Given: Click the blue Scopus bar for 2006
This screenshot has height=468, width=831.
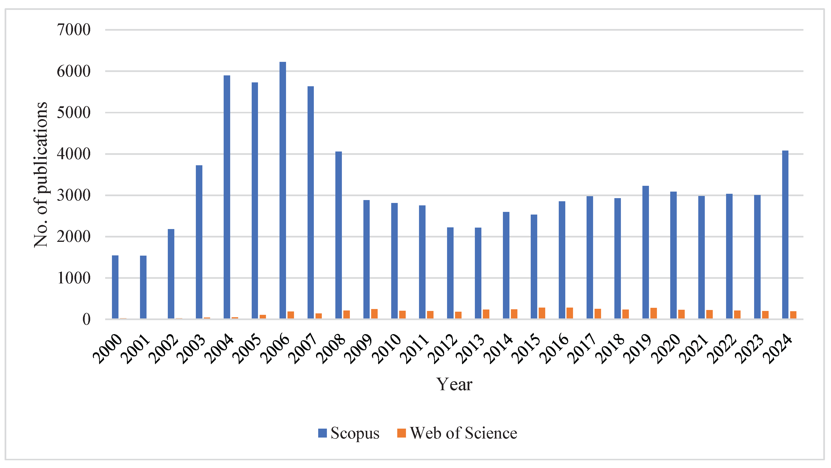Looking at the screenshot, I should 283,190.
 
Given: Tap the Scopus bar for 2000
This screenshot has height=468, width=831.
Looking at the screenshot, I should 115,287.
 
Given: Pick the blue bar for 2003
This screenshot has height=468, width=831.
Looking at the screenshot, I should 199,242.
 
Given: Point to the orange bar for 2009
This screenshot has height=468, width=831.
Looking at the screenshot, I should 374,314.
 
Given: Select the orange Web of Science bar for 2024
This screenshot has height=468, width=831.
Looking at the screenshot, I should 793,315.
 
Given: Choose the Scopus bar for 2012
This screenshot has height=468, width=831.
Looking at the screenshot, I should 450,273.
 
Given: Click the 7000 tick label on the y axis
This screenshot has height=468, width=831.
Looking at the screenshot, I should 74,30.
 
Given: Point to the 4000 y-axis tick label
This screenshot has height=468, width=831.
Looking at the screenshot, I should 74,154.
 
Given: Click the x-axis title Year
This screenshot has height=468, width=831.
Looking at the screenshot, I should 454,384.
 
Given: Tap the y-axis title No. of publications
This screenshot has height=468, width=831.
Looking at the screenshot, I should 41,175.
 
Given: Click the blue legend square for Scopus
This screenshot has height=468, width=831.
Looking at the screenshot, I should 322,433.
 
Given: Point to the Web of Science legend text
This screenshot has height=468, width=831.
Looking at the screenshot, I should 463,433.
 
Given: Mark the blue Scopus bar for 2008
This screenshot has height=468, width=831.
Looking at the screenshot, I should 338,235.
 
